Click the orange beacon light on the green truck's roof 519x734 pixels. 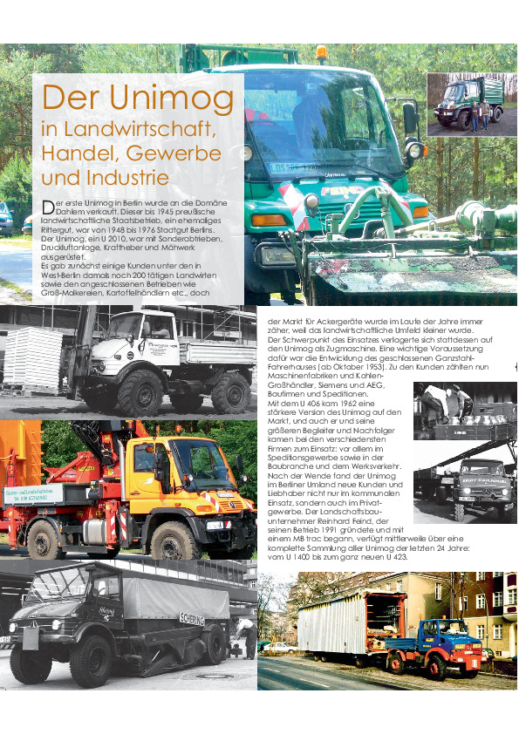(x=322, y=53)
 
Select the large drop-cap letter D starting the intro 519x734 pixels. (x=48, y=207)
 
